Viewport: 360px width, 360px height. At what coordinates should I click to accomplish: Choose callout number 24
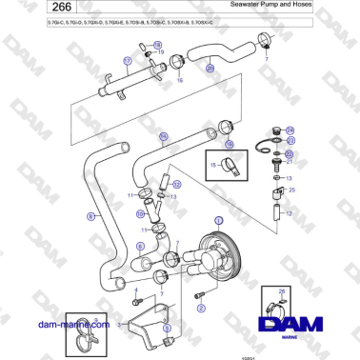click(290, 130)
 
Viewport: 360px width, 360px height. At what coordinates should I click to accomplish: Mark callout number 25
click(291, 190)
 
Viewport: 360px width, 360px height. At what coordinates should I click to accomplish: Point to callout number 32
click(176, 184)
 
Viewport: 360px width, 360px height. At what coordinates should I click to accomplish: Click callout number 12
click(289, 214)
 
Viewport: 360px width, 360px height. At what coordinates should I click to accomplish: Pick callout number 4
click(134, 289)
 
